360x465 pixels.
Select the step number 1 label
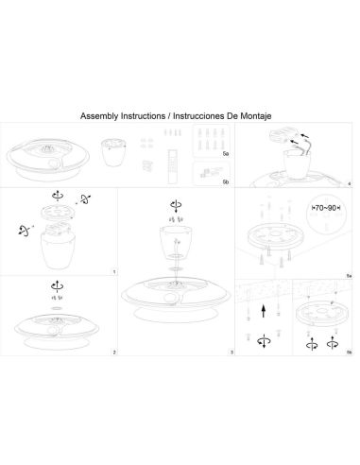coord(113,271)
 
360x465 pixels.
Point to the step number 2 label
coord(113,352)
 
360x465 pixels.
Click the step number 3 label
coord(230,352)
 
